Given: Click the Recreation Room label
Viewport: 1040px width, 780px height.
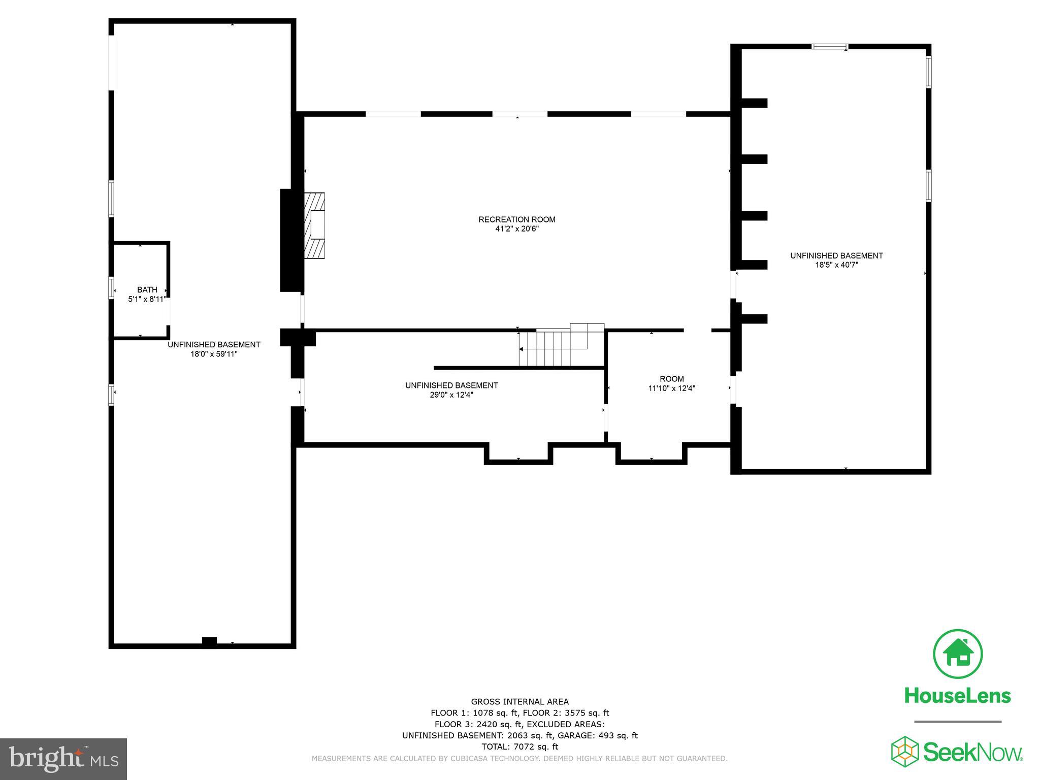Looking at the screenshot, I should [516, 219].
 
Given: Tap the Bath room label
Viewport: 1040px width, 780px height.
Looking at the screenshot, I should [147, 289].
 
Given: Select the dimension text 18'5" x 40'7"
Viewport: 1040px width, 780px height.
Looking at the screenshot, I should [836, 265].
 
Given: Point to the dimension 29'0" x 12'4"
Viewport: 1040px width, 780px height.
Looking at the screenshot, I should [451, 395].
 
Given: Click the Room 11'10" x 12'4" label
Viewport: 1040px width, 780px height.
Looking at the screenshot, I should [671, 379].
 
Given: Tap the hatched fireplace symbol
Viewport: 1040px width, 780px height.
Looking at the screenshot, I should [314, 225].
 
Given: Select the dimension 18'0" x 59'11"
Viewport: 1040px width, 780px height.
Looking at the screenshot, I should [214, 354].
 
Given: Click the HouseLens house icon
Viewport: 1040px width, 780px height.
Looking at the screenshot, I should [958, 654].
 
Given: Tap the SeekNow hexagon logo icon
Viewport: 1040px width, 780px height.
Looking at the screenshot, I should [904, 751].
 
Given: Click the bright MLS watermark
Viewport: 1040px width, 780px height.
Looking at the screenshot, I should [63, 759].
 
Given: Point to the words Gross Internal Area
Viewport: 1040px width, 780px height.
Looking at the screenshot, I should [519, 702].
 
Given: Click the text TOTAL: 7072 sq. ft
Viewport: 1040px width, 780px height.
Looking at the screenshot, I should [519, 746].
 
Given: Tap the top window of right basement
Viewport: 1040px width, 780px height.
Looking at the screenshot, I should [830, 47].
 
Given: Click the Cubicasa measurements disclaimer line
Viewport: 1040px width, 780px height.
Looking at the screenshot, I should [519, 759].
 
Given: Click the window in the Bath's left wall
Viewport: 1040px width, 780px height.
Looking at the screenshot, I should [111, 287].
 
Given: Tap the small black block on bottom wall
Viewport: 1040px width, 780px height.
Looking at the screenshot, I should [209, 642].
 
